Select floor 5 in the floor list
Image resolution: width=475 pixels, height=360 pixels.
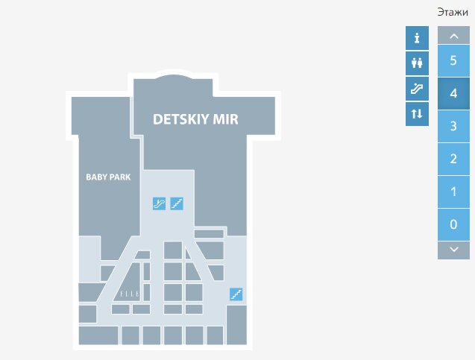(x=453, y=60)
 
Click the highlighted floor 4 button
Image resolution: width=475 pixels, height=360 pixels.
(x=453, y=93)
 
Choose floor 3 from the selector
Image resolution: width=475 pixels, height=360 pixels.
(x=453, y=126)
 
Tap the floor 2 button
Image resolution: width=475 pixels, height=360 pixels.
(x=453, y=159)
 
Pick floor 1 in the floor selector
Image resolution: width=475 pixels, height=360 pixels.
(x=453, y=192)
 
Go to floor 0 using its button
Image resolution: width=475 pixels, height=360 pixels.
(x=453, y=224)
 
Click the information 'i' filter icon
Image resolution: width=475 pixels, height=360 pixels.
(x=417, y=38)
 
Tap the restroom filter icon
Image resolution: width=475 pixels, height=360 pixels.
(x=417, y=63)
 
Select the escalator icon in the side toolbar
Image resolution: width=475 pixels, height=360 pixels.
(x=417, y=89)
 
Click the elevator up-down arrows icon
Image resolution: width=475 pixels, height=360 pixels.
(x=417, y=114)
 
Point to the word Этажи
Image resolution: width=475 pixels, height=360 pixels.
(x=453, y=12)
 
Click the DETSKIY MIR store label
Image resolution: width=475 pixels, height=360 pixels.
(x=195, y=119)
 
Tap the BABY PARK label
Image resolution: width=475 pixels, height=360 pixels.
(x=108, y=177)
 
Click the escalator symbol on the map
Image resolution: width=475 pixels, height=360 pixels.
(x=159, y=203)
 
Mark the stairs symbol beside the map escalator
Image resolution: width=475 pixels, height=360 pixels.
(x=177, y=203)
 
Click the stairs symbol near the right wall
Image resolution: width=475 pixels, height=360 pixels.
(x=236, y=294)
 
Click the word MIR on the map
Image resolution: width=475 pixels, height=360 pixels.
(x=224, y=119)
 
